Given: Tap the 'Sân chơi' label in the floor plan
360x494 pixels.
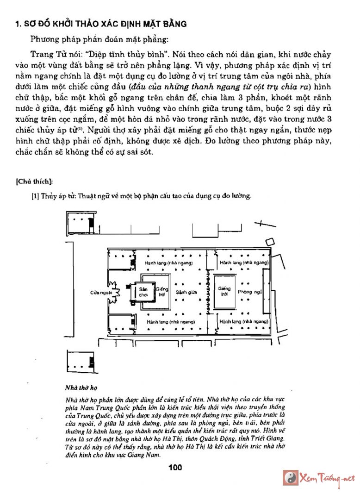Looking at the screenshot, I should pos(143,292).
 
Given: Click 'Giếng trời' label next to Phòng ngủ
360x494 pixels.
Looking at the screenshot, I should pos(224,291).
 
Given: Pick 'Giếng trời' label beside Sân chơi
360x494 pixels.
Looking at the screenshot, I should pos(161,291).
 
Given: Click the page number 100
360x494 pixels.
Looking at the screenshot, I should pos(175,467).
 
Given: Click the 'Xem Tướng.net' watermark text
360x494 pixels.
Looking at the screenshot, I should pos(327,478).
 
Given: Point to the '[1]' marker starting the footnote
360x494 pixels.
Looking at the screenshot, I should pos(35,196).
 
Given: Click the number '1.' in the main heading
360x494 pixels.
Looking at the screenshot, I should pos(19,24).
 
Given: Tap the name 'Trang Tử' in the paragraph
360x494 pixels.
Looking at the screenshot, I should pos(44,53).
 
